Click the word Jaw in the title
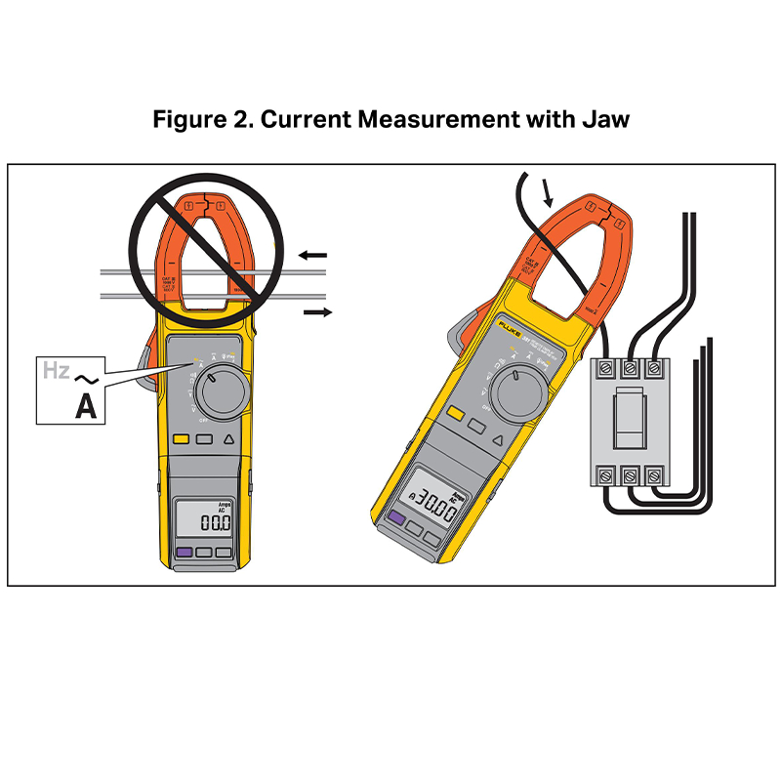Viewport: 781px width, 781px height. pos(603,120)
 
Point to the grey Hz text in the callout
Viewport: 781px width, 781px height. pos(55,371)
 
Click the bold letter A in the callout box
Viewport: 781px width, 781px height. pos(86,407)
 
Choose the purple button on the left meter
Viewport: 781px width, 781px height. pos(182,553)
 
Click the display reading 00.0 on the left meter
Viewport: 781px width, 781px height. pos(214,523)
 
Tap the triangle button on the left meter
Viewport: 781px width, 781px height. pos(228,439)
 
